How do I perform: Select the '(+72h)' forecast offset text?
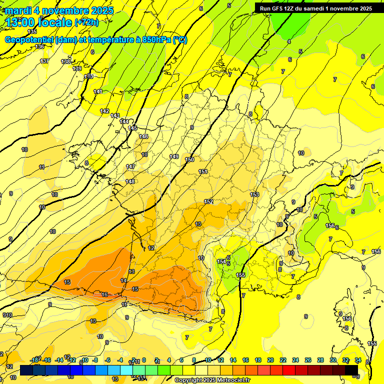coord(86,22)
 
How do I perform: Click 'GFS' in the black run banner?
coord(279,8)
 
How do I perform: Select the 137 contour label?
coord(44,61)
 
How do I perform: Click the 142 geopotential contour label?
coord(104,111)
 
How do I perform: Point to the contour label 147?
coord(130,166)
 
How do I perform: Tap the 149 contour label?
coord(174,156)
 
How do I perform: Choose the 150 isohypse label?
coord(189,160)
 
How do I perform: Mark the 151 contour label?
coord(203,171)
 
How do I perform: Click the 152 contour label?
coord(208,201)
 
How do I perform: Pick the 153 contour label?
coord(254,194)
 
